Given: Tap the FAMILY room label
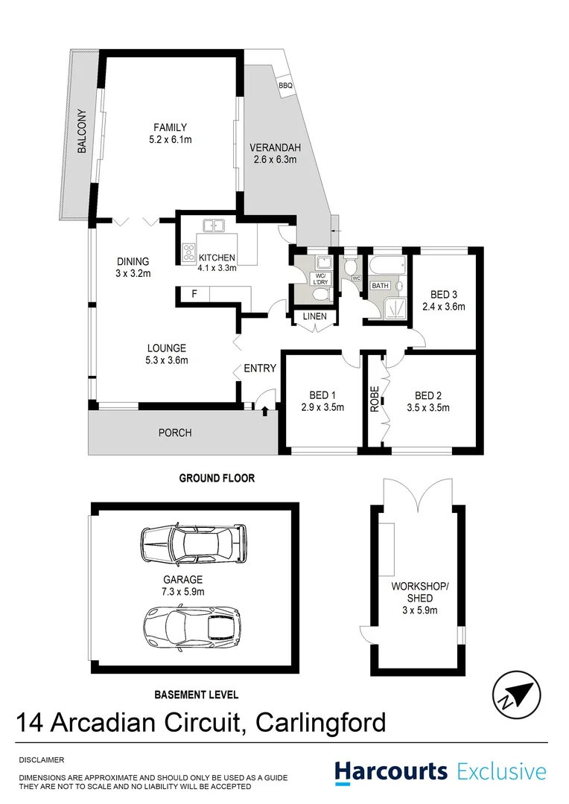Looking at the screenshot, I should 170,127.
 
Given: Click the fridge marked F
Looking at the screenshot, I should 194,294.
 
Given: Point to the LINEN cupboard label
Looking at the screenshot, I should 314,317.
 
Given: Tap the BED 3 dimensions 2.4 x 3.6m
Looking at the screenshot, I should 443,306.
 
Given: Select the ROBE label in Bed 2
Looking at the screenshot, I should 375,400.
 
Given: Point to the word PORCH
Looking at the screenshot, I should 175,433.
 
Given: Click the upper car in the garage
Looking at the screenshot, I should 193,546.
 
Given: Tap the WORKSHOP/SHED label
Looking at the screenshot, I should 420,592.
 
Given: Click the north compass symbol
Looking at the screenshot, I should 515,693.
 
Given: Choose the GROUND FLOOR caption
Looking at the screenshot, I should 217,478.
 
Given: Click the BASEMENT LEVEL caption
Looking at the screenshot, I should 197,695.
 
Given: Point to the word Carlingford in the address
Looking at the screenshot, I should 320,722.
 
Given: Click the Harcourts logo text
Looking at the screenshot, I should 391,771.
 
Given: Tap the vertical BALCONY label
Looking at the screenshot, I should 81,132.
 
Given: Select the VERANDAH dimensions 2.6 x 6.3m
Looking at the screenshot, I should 273,159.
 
